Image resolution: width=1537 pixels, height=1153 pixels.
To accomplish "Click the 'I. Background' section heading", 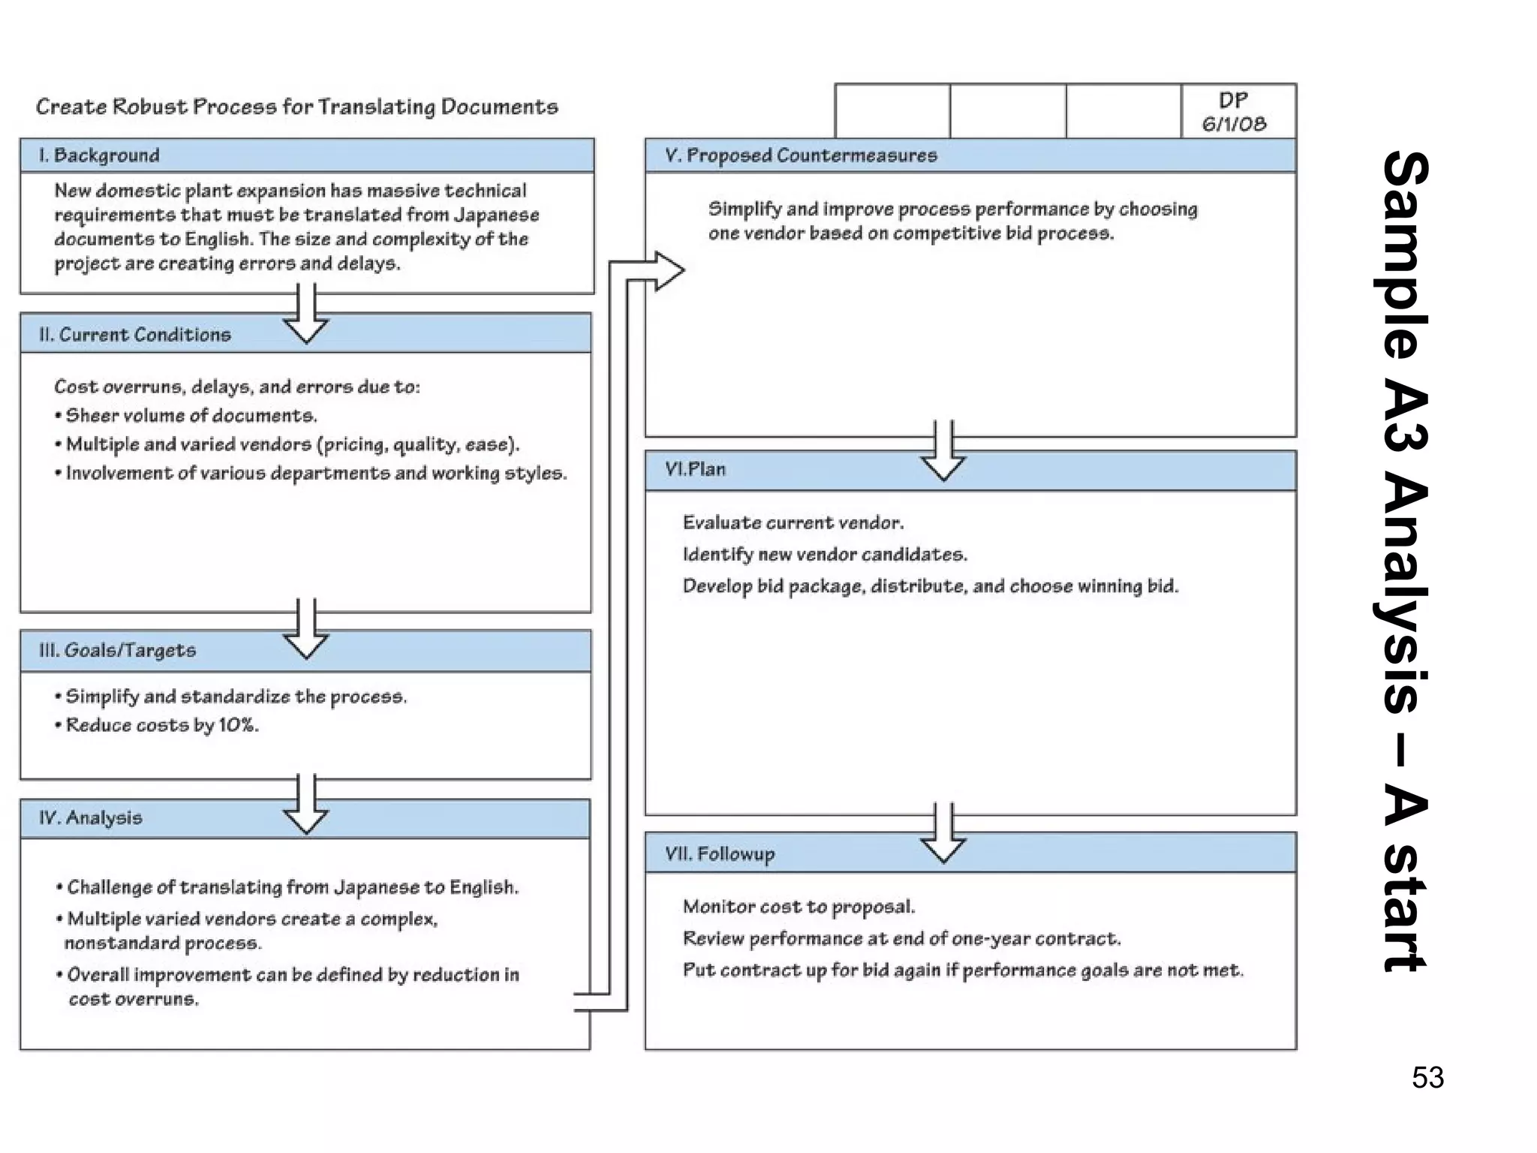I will [99, 155].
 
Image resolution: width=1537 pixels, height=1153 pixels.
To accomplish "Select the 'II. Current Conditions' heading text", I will [135, 335].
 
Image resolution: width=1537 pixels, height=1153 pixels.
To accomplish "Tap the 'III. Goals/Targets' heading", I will [118, 650].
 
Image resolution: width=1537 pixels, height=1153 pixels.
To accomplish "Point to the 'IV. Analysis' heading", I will [91, 817].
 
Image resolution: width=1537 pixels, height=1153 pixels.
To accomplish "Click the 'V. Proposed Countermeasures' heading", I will [801, 155].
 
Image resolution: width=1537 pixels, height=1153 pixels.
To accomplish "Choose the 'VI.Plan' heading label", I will [695, 469].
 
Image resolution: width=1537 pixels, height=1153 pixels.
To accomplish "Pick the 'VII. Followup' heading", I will [720, 853].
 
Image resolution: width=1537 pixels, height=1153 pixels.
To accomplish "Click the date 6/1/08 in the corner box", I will [1235, 124].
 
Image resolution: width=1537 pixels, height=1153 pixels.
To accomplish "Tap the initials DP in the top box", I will [1234, 101].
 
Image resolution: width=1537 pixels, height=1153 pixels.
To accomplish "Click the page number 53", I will [1427, 1078].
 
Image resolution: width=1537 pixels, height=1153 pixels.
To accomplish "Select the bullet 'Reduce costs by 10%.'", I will [162, 725].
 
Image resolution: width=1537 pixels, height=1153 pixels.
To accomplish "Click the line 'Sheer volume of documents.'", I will [191, 416].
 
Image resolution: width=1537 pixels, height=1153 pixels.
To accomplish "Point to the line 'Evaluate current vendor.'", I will [793, 522].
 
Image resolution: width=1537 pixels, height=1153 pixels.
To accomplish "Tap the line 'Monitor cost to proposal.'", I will [799, 907].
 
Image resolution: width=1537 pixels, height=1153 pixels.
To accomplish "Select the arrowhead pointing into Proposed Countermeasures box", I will [667, 271].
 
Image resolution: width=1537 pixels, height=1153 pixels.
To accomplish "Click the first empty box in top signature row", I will [892, 111].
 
